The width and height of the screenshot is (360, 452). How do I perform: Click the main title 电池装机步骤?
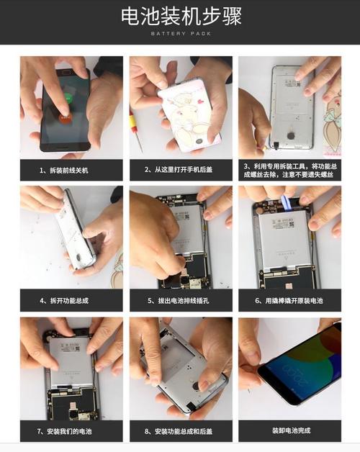point(180,16)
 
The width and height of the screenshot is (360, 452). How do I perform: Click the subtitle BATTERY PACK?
point(180,33)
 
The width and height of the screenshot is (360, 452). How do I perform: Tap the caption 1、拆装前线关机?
point(71,170)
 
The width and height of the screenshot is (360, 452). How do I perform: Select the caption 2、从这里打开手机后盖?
point(180,170)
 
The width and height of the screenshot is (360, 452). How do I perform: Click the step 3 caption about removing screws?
point(289,170)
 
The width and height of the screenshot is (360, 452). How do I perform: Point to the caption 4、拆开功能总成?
point(71,300)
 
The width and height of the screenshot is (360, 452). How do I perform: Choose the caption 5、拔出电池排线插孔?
point(180,300)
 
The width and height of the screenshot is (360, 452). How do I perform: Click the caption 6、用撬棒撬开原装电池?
point(289,300)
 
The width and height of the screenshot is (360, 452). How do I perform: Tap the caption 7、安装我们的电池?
point(71,431)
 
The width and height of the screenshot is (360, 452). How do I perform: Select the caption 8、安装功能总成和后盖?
point(180,431)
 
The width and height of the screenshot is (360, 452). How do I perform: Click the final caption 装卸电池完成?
point(289,431)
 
